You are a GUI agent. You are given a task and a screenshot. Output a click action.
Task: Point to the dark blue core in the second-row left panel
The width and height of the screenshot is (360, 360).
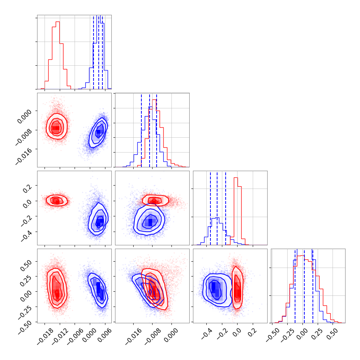(98, 132)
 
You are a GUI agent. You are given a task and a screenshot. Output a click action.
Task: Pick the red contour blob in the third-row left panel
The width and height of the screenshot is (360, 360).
(56, 201)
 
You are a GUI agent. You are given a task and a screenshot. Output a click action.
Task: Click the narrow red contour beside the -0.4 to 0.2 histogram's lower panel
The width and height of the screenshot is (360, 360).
(237, 288)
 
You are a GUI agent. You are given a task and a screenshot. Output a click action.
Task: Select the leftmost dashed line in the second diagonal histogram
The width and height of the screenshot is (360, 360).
(141, 130)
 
